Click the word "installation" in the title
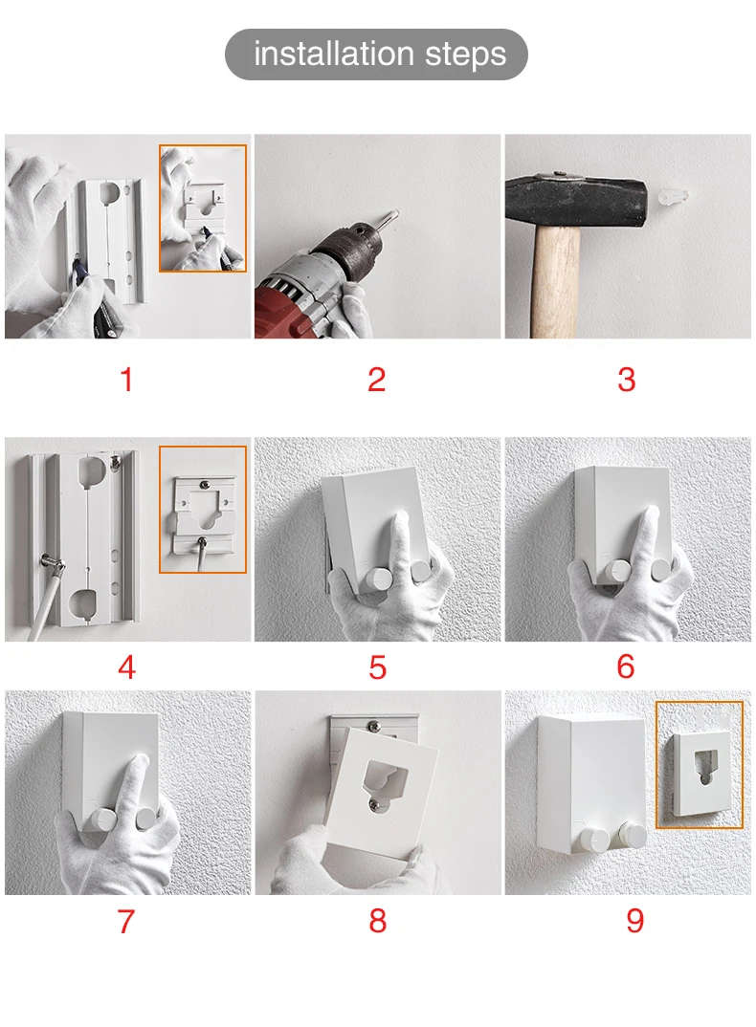(334, 54)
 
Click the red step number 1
(126, 380)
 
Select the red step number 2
(376, 380)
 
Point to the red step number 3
(626, 380)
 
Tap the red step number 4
(126, 666)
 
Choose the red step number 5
(377, 667)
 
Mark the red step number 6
(626, 666)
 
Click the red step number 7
(126, 921)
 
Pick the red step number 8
(377, 921)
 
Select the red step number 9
(634, 921)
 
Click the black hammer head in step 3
(576, 201)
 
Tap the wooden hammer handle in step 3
(556, 282)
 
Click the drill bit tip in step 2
(396, 211)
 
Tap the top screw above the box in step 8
(374, 725)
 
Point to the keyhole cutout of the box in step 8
(383, 778)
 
